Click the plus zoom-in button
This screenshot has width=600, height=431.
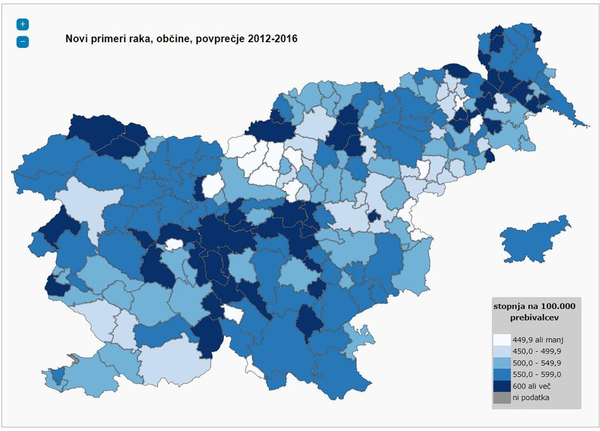pyautogui.click(x=22, y=24)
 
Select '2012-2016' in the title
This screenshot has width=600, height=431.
pyautogui.click(x=276, y=39)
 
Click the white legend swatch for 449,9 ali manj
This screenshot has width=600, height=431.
pyautogui.click(x=502, y=340)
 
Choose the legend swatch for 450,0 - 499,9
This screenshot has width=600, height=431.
pyautogui.click(x=502, y=351)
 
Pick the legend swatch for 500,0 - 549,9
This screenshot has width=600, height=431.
pyautogui.click(x=502, y=363)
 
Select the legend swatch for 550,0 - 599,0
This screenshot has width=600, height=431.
pyautogui.click(x=502, y=374)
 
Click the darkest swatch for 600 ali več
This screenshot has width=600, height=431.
pyautogui.click(x=502, y=386)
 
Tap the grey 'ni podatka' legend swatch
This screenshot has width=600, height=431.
pyautogui.click(x=502, y=397)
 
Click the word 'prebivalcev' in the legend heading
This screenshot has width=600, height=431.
pyautogui.click(x=534, y=317)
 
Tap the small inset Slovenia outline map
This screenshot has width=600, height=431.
pyautogui.click(x=533, y=239)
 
